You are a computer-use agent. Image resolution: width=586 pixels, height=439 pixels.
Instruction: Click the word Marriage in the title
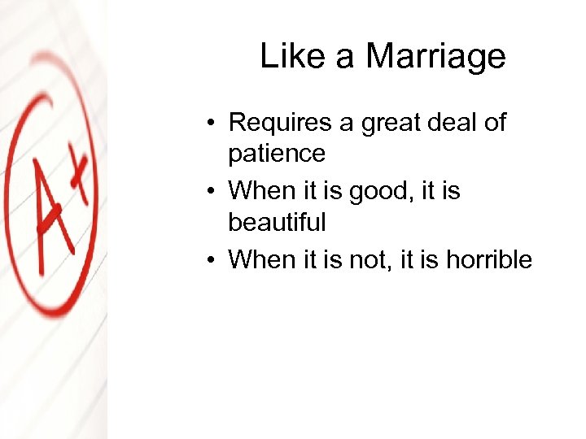pyautogui.click(x=435, y=57)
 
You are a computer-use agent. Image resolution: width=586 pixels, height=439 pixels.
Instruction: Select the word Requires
pyautogui.click(x=282, y=123)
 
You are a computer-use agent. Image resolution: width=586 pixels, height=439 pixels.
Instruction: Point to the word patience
pyautogui.click(x=276, y=153)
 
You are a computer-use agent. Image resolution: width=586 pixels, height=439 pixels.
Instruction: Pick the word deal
pyautogui.click(x=458, y=123)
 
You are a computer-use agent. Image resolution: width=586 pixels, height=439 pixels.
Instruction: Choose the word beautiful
pyautogui.click(x=277, y=221)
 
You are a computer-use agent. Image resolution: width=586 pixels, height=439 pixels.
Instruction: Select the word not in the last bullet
pyautogui.click(x=377, y=259)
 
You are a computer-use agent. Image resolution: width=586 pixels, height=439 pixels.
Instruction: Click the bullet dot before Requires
pyautogui.click(x=210, y=124)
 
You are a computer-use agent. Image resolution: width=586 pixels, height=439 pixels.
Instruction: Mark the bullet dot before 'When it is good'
pyautogui.click(x=210, y=193)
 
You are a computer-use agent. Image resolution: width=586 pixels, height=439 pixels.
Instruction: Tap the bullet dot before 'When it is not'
pyautogui.click(x=210, y=261)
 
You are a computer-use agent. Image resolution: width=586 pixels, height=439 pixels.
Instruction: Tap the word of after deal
pyautogui.click(x=494, y=123)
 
